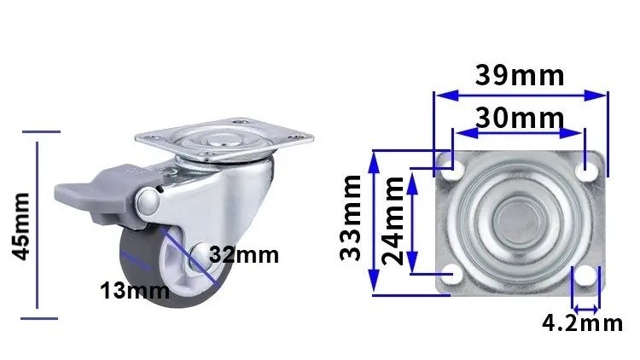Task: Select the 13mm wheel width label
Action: [x=135, y=290]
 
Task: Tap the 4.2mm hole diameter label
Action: [x=583, y=322]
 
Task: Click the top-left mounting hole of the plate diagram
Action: [x=454, y=169]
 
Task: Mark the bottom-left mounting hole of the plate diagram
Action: [x=454, y=274]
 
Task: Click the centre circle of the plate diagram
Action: [x=519, y=221]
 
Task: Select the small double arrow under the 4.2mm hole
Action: [x=584, y=307]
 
